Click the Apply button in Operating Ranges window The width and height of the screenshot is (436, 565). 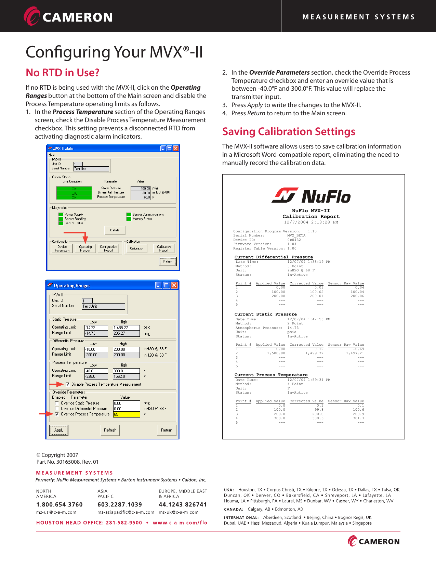click(59, 430)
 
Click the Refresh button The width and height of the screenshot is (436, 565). click(110, 430)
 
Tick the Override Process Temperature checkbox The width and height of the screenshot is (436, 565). click(57, 414)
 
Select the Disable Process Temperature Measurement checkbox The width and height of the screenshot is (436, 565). click(67, 384)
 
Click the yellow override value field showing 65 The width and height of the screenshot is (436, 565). click(126, 414)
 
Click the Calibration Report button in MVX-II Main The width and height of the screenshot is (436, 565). click(164, 248)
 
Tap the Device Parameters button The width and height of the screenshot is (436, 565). click(62, 248)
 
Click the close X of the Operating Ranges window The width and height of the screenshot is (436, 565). click(174, 285)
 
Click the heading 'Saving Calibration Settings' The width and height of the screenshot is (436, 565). click(289, 132)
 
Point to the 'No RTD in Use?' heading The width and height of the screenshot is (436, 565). click(63, 73)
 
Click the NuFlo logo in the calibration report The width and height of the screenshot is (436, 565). click(311, 196)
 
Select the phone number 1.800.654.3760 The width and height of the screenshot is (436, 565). click(60, 504)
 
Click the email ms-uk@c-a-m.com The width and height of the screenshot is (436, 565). click(179, 512)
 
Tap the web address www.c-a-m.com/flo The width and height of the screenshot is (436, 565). click(180, 523)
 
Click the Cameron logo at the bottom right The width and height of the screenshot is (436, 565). click(374, 541)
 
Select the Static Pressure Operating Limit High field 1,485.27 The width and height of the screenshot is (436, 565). click(126, 328)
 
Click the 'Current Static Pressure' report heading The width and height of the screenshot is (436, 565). click(265, 314)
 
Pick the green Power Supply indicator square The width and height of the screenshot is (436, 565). click(61, 215)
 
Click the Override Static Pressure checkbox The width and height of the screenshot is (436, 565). click(57, 403)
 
